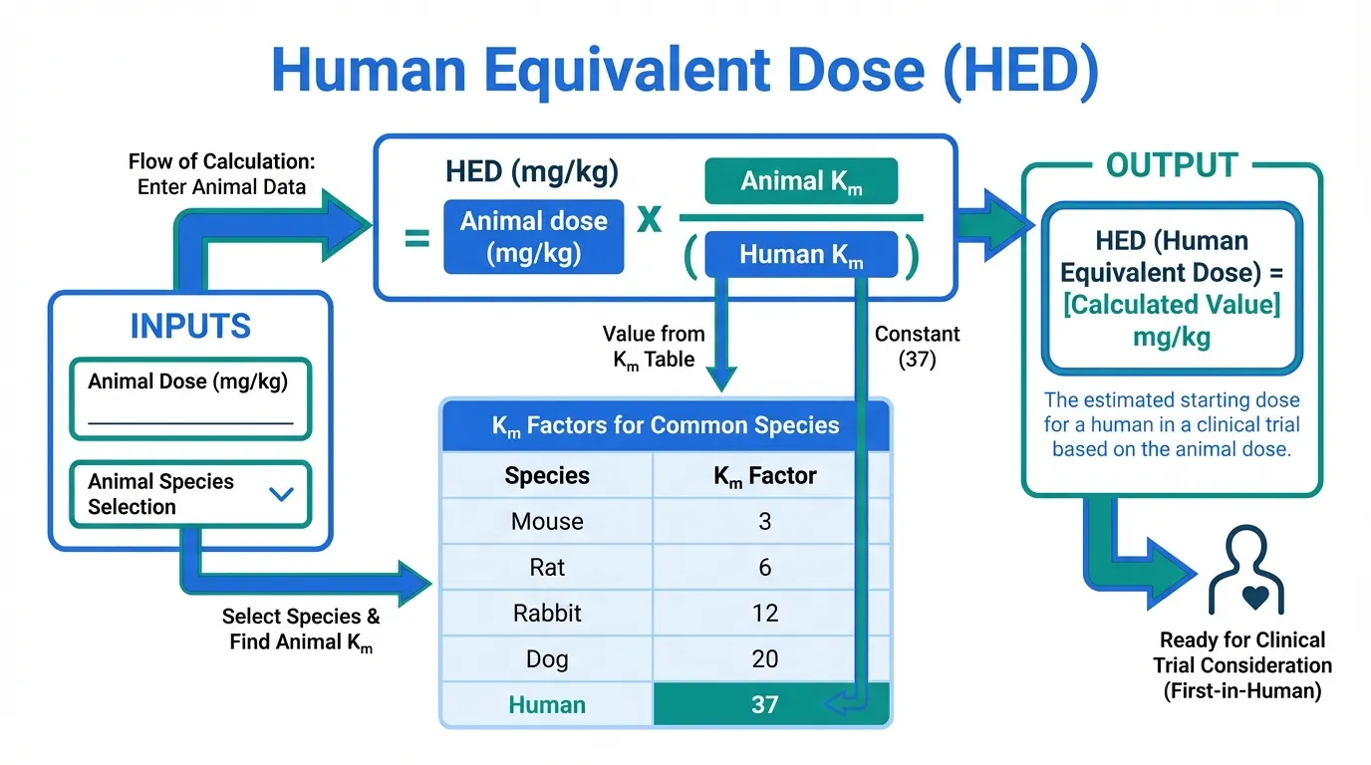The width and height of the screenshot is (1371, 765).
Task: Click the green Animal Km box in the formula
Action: pyautogui.click(x=801, y=181)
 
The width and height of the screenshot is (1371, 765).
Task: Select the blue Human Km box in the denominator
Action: pyautogui.click(x=801, y=254)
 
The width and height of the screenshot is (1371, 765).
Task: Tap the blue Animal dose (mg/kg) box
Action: pyautogui.click(x=534, y=237)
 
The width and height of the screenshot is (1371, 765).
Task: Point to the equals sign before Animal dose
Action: pyautogui.click(x=416, y=238)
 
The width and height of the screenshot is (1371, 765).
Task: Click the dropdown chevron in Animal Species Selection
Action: pyautogui.click(x=282, y=494)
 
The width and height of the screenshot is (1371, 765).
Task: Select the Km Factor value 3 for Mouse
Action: pyautogui.click(x=764, y=521)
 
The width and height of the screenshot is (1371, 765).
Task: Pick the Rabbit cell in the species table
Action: pyautogui.click(x=547, y=614)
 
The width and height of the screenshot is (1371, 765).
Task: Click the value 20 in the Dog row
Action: pyautogui.click(x=765, y=659)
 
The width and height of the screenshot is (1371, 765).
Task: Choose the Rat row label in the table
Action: pyautogui.click(x=547, y=568)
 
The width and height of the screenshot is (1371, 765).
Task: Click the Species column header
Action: pyautogui.click(x=547, y=475)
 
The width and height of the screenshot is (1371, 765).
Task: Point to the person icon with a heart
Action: pyautogui.click(x=1246, y=571)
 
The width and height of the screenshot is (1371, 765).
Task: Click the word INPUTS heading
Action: pyautogui.click(x=190, y=326)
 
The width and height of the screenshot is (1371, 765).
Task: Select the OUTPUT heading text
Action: pyautogui.click(x=1172, y=165)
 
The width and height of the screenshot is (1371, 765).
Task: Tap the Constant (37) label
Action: pyautogui.click(x=917, y=347)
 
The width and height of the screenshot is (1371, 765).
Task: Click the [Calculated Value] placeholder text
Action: pyautogui.click(x=1172, y=305)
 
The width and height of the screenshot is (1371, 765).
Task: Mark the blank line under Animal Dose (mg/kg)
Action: pyautogui.click(x=190, y=423)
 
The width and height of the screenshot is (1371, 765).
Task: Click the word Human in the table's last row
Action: pyautogui.click(x=547, y=705)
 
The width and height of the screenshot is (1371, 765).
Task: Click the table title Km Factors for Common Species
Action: pyautogui.click(x=666, y=425)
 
